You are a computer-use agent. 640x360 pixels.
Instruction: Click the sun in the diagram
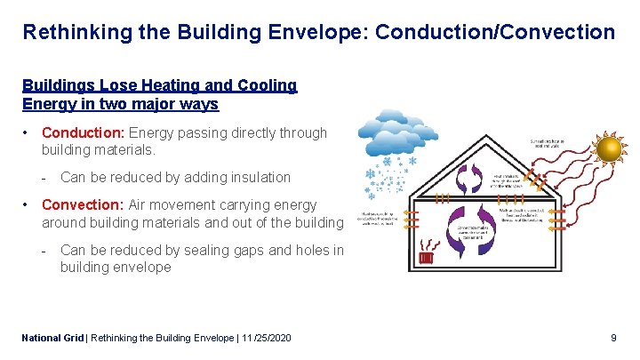[611, 148]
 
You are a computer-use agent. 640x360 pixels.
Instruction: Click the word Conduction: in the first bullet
[84, 133]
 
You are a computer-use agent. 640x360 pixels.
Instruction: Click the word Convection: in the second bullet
[84, 205]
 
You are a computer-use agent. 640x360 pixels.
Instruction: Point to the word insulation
[258, 178]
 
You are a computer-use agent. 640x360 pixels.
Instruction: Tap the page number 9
[613, 339]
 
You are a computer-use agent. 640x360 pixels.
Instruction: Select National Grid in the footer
[51, 339]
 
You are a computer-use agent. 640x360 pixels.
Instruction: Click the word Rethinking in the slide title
[73, 33]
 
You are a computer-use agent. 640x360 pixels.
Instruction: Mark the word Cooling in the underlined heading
[262, 86]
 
